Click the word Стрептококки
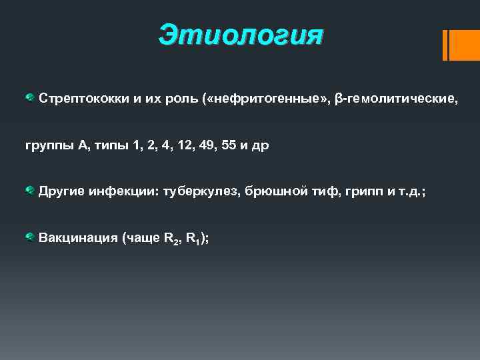click(x=79, y=99)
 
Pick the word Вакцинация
click(x=75, y=238)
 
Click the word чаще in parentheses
click(x=141, y=238)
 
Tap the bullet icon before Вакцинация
click(x=30, y=237)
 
